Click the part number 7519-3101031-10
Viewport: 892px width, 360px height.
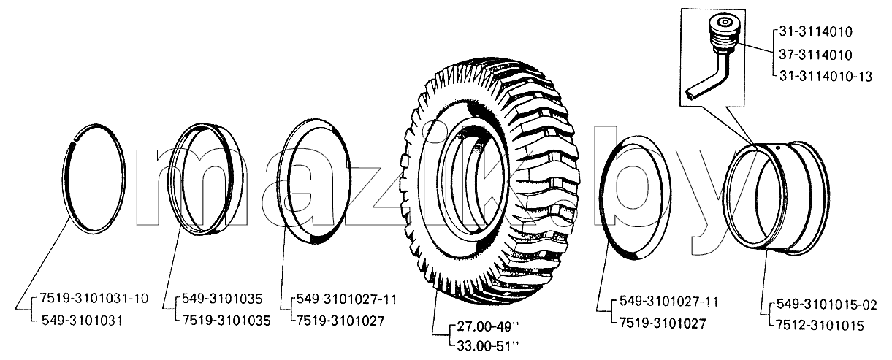pos(94,298)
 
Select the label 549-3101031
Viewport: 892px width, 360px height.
pos(82,321)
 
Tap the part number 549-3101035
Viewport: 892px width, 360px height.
pos(222,299)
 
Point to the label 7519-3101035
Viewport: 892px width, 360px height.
pos(226,321)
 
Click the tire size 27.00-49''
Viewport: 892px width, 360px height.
pos(488,326)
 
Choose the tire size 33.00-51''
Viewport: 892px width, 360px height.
pos(488,346)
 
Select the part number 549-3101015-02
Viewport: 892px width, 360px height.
pos(827,305)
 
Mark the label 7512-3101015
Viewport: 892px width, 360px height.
pos(820,326)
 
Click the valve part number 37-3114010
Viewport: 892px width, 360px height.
pos(815,55)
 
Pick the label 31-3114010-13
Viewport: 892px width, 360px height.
pos(826,76)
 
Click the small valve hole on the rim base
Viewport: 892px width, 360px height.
pos(778,148)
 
